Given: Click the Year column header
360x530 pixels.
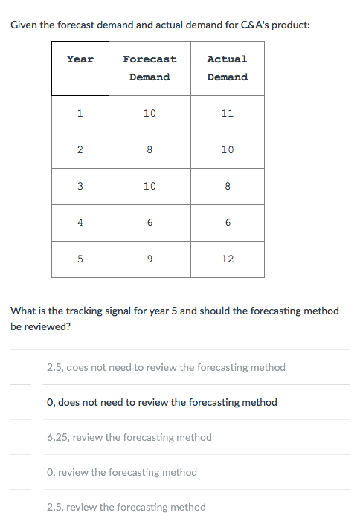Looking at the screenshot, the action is point(80,59).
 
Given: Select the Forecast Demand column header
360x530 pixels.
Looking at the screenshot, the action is point(150,68).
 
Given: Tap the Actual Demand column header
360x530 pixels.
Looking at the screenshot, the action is point(228,68).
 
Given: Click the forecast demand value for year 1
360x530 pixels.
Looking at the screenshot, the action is point(150,113).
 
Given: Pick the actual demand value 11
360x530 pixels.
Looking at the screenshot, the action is point(228,113).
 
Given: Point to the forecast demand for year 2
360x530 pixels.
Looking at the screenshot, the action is point(150,149).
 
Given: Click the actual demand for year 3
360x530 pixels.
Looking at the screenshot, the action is point(228,187).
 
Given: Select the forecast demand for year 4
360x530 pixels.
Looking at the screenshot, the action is point(150,222).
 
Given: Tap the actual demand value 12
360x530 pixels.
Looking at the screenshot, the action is point(228,259).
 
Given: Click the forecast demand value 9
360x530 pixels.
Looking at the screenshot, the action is point(150,259).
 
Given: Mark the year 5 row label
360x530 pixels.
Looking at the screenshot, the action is point(80,259).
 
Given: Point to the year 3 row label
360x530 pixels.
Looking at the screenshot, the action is point(80,187).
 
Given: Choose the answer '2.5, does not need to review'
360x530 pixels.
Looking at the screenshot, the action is point(166,367).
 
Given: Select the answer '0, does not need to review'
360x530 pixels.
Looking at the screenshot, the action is point(162,402).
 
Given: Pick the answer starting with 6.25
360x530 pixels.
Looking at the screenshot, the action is point(129,437).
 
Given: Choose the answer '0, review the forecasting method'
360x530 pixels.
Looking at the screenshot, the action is point(122,472).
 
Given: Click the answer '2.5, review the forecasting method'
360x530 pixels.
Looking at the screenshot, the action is point(126,507).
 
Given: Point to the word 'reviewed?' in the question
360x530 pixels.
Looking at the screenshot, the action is point(48,327).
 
